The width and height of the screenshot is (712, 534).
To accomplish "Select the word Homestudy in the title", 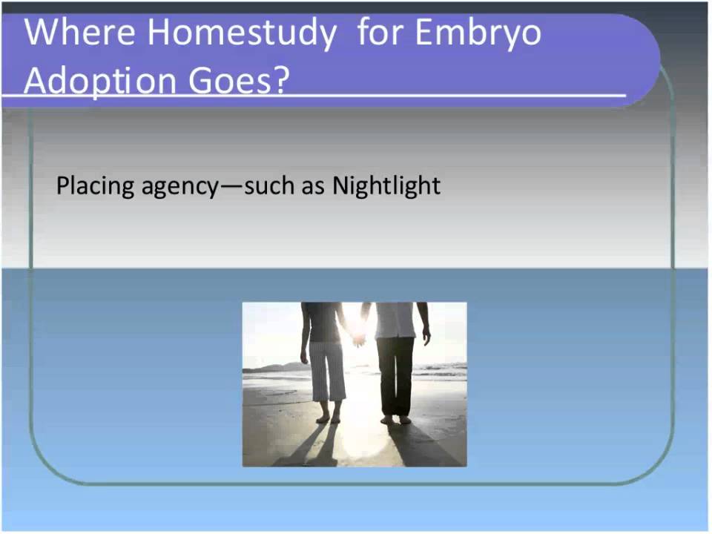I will point(240,33).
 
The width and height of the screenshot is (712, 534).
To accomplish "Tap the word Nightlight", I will point(386,185).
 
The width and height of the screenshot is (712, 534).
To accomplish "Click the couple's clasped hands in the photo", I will point(360,339).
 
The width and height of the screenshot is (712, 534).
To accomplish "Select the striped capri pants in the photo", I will point(327,371).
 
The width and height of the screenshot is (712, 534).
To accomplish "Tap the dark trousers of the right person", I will point(395,375).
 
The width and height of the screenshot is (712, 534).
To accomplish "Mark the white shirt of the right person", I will point(395,320).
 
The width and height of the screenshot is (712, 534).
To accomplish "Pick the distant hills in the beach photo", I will point(271,366).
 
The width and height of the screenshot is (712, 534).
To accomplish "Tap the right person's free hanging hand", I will point(426,337).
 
